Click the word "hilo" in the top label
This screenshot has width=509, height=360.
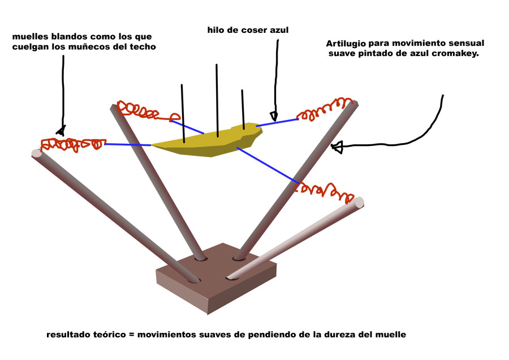[217, 29]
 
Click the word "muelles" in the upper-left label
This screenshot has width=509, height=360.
[28, 37]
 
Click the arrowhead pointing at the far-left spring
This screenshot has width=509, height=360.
[61, 130]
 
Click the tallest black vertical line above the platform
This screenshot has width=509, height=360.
[217, 99]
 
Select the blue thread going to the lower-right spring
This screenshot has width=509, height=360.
[266, 165]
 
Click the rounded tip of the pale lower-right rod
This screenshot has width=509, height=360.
[357, 202]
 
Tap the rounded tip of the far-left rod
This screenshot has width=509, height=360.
[37, 152]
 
